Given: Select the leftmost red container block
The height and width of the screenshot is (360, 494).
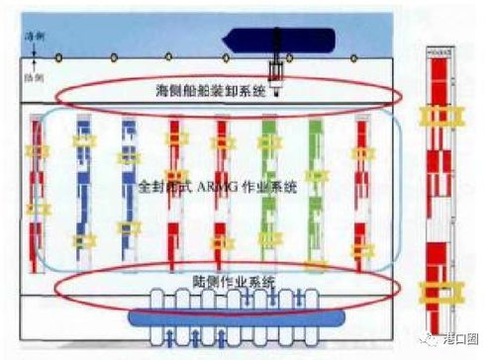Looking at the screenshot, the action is click(39, 188).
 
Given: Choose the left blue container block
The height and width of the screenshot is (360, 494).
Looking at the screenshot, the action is click(82, 188).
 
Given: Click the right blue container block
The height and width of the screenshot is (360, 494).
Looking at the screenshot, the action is click(127, 188).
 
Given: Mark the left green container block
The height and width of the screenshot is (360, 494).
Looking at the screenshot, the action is click(267, 188).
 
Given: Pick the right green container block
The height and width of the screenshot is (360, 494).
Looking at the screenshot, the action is click(315, 188).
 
